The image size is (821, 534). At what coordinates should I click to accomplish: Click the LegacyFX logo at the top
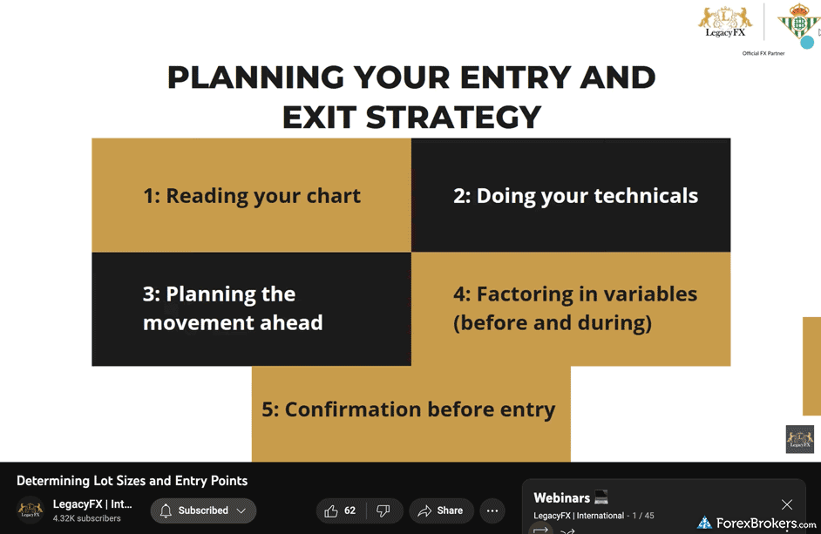(725, 22)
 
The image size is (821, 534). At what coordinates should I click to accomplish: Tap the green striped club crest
(799, 22)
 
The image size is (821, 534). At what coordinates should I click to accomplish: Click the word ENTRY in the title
(516, 78)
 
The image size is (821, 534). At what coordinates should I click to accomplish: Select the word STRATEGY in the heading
(453, 117)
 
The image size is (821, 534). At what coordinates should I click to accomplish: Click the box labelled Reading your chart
(251, 195)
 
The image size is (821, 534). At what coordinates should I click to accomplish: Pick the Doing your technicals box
(571, 195)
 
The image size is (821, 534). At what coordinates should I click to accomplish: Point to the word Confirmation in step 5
(352, 409)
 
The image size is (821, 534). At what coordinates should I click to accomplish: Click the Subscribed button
(203, 510)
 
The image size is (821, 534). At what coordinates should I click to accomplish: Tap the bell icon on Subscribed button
(166, 510)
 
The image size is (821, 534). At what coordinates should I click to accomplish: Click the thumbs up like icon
(331, 511)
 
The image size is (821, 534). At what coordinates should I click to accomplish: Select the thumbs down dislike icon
(383, 511)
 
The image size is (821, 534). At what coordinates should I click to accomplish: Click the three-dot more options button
(492, 511)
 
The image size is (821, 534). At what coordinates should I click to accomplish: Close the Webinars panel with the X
(786, 504)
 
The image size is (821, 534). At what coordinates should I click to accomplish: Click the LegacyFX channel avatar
(31, 510)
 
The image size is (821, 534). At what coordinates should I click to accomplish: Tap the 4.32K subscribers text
(87, 518)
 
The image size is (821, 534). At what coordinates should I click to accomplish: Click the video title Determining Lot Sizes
(132, 481)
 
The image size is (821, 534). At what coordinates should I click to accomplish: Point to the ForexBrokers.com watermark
(757, 523)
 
